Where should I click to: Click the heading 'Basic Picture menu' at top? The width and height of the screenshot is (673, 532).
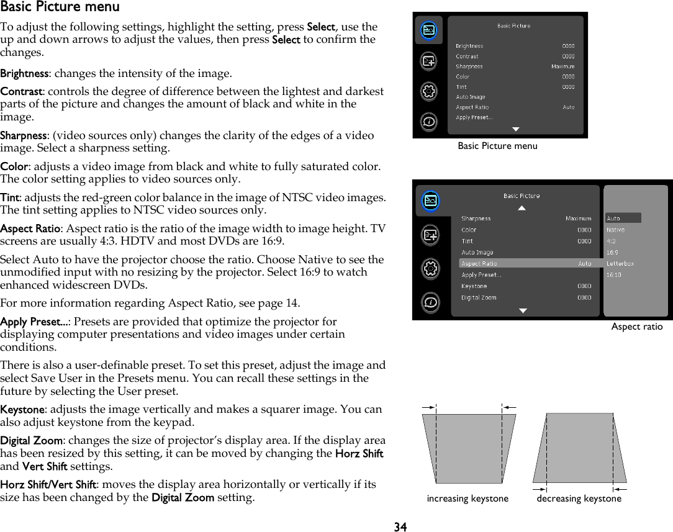point(60,7)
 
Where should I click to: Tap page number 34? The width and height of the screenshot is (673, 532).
point(400,526)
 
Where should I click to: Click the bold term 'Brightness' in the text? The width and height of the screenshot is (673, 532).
point(24,74)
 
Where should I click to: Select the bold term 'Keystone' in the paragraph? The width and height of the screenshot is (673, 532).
point(22,410)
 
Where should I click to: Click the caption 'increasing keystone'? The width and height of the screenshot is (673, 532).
point(467,498)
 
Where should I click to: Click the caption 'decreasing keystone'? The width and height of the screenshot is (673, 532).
point(579,498)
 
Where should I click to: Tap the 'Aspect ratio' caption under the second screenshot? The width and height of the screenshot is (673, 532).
point(636,327)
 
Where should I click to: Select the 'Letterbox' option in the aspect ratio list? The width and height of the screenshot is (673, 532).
point(620,263)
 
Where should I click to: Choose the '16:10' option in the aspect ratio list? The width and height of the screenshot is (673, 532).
point(613,274)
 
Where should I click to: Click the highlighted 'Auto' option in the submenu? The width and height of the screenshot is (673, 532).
point(613,218)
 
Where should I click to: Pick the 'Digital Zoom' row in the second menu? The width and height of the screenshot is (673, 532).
point(479,297)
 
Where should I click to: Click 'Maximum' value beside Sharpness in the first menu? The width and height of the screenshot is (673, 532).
point(562,66)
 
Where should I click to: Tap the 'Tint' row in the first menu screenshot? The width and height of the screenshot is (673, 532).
point(461,87)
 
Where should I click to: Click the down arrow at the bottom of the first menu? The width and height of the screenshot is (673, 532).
point(515,129)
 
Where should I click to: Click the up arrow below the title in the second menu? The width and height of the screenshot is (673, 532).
point(522,208)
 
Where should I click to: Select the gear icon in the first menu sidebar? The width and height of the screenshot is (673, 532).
point(428,91)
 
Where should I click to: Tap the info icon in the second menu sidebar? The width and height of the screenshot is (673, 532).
point(430,302)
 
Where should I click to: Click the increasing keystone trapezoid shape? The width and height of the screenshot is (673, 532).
point(469,448)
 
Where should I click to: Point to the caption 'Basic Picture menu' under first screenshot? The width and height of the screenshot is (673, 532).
point(497,146)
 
